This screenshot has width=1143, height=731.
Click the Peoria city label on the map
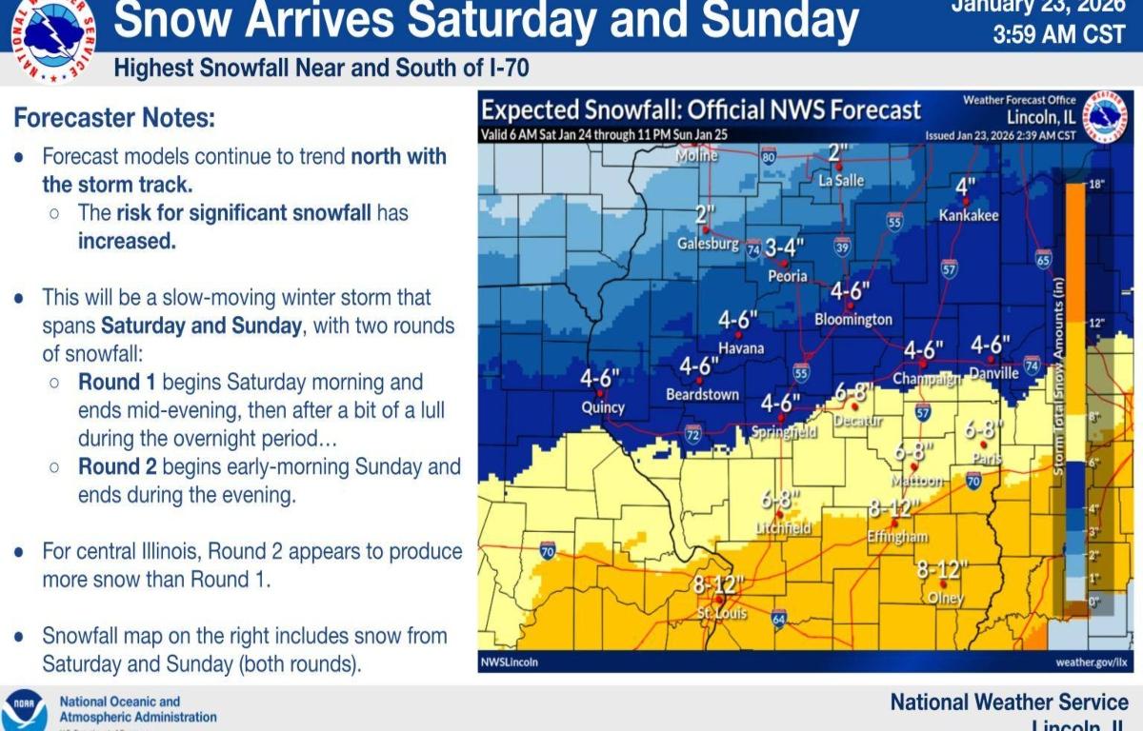[788, 276]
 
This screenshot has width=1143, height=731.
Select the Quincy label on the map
[603, 407]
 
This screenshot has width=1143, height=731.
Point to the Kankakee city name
[969, 216]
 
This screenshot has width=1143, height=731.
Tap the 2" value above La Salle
[837, 152]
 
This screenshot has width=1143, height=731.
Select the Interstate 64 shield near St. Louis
[778, 616]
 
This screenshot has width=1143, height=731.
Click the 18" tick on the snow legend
[1095, 184]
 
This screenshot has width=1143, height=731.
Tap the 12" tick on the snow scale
[1095, 323]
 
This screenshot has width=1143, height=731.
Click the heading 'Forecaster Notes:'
[114, 119]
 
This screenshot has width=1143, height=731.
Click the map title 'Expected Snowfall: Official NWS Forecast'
[701, 109]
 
